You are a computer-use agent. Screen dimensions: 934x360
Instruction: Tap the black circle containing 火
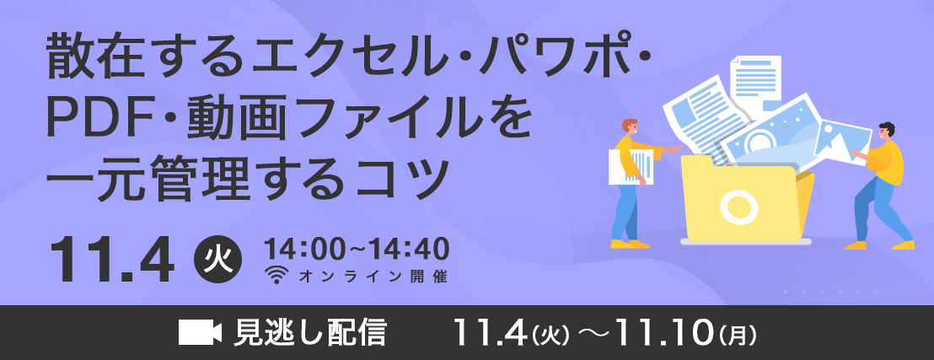pos(218,261)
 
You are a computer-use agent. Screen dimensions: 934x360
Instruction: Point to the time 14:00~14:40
pos(357,250)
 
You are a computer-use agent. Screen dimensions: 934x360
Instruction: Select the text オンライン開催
pos(373,276)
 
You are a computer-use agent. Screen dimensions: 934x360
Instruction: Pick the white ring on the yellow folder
pos(738,206)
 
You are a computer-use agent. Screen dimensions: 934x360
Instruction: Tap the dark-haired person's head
pos(886,132)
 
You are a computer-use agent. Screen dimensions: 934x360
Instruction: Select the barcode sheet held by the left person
pos(631,165)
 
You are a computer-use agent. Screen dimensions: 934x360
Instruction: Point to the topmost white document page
pos(756,83)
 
